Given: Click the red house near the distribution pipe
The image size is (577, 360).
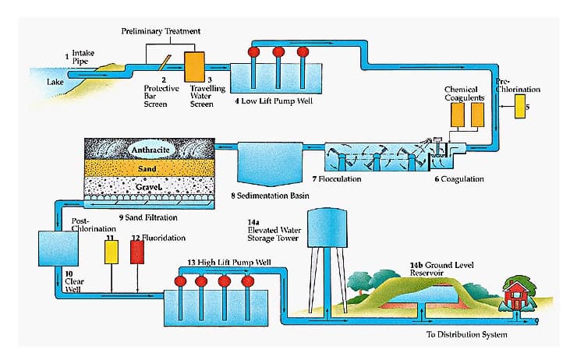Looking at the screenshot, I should (515, 295).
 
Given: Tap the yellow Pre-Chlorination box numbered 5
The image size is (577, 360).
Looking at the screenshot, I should (520, 105).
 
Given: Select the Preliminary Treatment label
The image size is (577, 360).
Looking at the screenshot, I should (161, 30).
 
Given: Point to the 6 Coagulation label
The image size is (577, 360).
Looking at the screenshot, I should (458, 179).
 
